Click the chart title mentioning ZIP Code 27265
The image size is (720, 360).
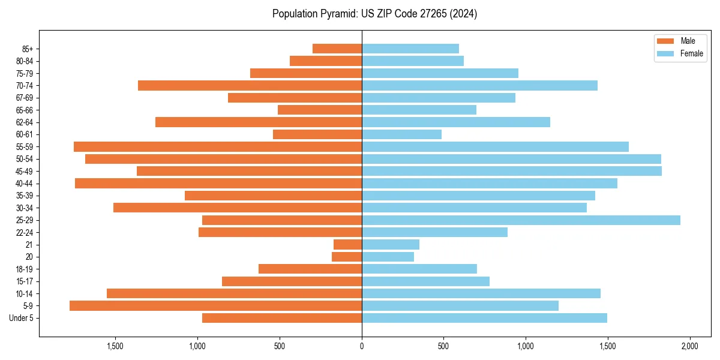pyautogui.click(x=374, y=14)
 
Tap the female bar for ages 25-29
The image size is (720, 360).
pyautogui.click(x=521, y=220)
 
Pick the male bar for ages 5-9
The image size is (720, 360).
pyautogui.click(x=215, y=306)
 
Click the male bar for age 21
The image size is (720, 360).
pyautogui.click(x=347, y=245)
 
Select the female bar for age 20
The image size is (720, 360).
pyautogui.click(x=388, y=257)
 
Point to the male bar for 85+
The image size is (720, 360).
pyautogui.click(x=337, y=49)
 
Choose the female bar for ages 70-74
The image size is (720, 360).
pyautogui.click(x=479, y=86)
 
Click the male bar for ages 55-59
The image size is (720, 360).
pyautogui.click(x=218, y=147)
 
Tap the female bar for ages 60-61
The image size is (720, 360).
pyautogui.click(x=401, y=134)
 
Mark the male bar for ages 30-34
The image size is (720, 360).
pyautogui.click(x=238, y=208)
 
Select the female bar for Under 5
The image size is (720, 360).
pyautogui.click(x=484, y=318)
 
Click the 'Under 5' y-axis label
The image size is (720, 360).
pyautogui.click(x=21, y=318)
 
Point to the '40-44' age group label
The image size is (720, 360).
pyautogui.click(x=24, y=184)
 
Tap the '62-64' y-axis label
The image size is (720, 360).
pyautogui.click(x=24, y=122)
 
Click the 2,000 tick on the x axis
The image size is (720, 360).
pyautogui.click(x=689, y=346)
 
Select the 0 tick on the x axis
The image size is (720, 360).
pyautogui.click(x=362, y=346)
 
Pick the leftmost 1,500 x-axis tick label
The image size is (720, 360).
pyautogui.click(x=115, y=346)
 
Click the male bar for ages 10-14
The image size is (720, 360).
pyautogui.click(x=234, y=293)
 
